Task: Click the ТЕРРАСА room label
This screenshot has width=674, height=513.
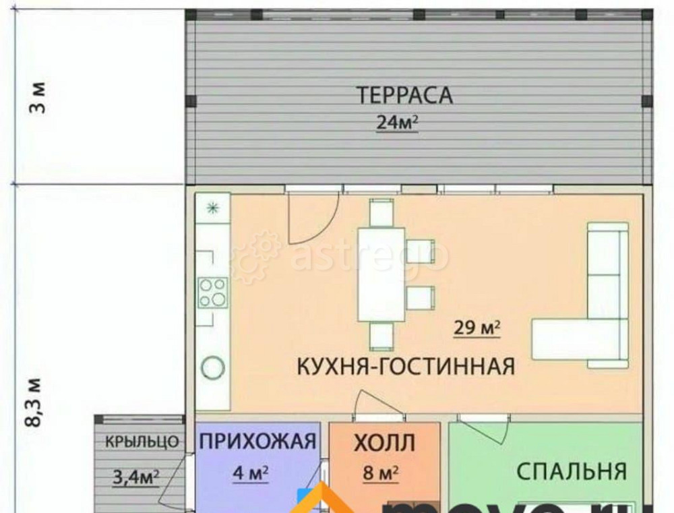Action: [x=404, y=95]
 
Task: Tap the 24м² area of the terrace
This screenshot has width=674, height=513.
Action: [x=398, y=123]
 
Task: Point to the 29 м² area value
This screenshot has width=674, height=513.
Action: [x=477, y=329]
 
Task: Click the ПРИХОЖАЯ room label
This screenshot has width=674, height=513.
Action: [x=258, y=442]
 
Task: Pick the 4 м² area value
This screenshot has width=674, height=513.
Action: [x=250, y=473]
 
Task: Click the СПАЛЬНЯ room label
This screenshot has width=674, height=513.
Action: [x=572, y=470]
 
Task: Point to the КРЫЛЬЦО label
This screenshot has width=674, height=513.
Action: [x=142, y=442]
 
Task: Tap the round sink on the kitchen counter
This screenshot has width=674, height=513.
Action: [x=213, y=367]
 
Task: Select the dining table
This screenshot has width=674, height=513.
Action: [x=381, y=274]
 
